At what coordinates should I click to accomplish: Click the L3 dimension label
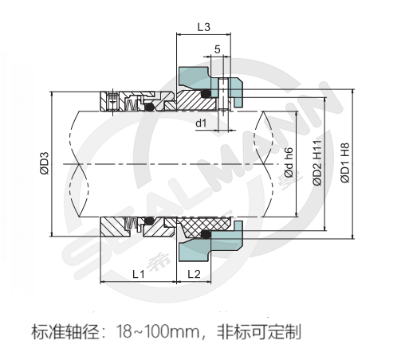pyautogui.click(x=204, y=27)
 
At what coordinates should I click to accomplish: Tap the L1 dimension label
pyautogui.click(x=139, y=274)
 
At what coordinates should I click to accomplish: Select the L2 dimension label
pyautogui.click(x=194, y=274)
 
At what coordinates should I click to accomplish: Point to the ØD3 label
pyautogui.click(x=45, y=163)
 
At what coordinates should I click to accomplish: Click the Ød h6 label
pyautogui.click(x=289, y=162)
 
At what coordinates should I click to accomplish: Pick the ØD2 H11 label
pyautogui.click(x=317, y=162)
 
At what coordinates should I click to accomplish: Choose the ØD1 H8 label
pyautogui.click(x=345, y=162)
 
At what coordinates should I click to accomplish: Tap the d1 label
pyautogui.click(x=201, y=123)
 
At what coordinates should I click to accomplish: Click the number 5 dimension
pyautogui.click(x=218, y=49)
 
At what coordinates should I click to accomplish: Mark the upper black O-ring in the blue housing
pyautogui.click(x=206, y=93)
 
